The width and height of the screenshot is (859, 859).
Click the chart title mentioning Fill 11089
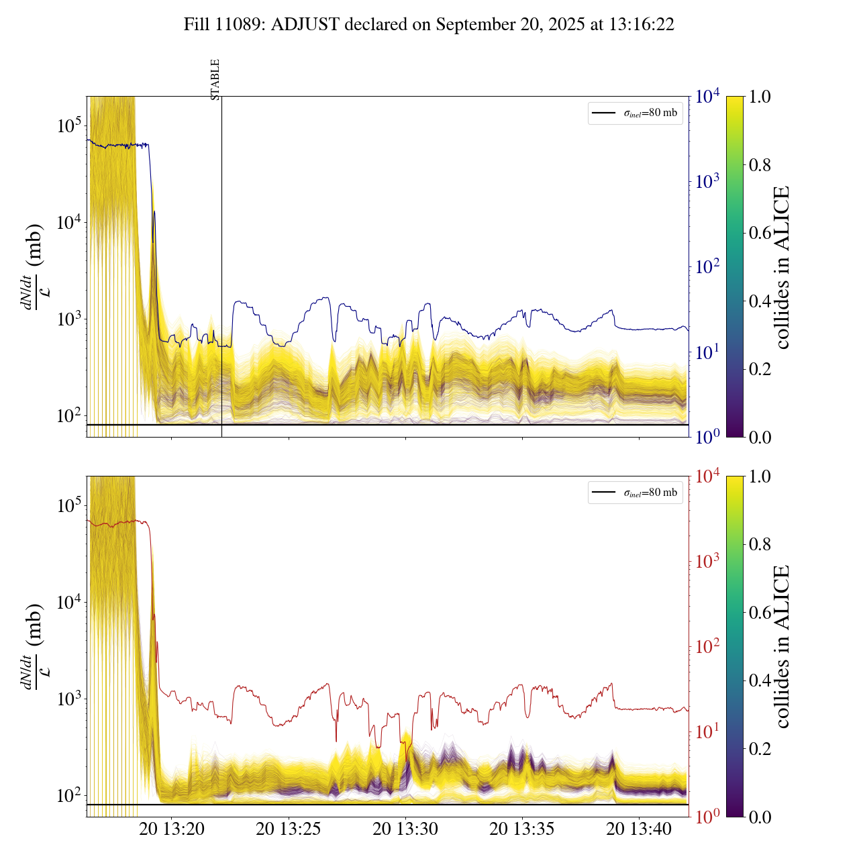click(429, 25)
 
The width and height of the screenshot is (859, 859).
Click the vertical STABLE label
click(215, 79)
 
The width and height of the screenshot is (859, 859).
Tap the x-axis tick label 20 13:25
click(289, 829)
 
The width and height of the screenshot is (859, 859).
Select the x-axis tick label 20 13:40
click(639, 829)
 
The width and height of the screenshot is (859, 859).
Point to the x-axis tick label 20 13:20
click(172, 829)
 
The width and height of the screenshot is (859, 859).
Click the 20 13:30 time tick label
click(405, 829)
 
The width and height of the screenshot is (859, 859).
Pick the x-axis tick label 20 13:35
click(522, 829)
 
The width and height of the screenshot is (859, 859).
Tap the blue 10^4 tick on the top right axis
click(708, 97)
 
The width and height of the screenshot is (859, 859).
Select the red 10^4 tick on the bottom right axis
click(708, 476)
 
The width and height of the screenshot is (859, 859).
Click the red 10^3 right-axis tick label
click(708, 561)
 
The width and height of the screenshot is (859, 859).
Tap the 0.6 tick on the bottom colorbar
click(760, 613)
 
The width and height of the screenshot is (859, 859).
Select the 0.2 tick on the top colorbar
click(760, 369)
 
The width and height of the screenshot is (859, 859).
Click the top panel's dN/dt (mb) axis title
click(34, 266)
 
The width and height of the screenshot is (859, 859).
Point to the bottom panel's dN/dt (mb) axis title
click(34, 646)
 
